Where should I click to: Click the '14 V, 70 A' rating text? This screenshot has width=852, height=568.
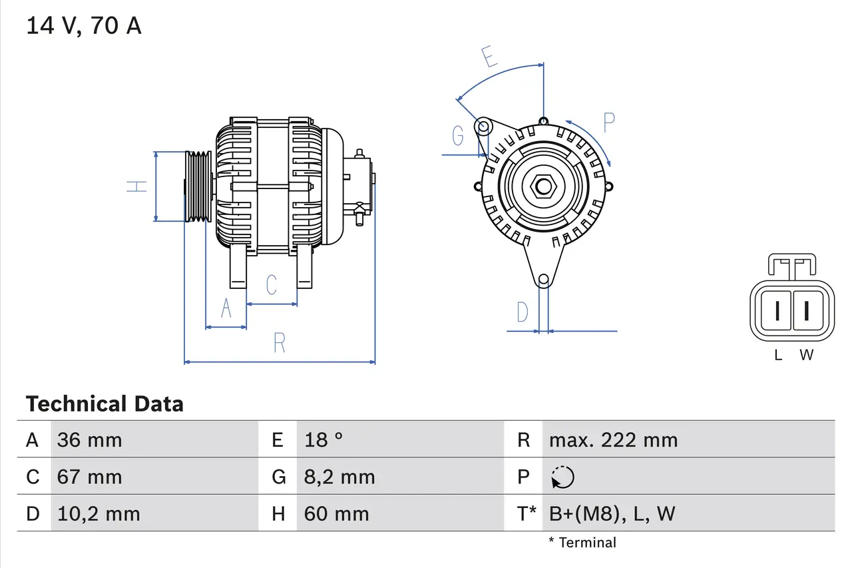(84, 26)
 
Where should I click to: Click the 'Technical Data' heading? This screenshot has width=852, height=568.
(105, 404)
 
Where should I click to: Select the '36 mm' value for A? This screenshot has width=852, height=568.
(89, 440)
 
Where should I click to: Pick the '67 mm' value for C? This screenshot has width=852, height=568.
(89, 477)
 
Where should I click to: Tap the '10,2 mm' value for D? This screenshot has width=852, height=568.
(99, 513)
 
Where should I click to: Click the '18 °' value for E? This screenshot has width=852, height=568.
(323, 440)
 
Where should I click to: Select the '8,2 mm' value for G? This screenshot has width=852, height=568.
(339, 477)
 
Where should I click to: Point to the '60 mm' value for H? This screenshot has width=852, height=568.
(336, 513)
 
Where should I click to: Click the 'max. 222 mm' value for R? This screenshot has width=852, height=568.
(613, 440)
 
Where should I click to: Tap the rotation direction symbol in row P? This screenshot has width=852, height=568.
(562, 477)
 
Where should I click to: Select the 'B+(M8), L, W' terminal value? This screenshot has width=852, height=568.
(612, 513)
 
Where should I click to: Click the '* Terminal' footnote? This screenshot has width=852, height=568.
(582, 543)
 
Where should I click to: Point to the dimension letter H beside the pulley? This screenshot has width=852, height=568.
(137, 186)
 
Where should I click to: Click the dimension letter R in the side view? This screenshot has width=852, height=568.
(280, 344)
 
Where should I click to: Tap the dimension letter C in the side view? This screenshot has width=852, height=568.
(271, 285)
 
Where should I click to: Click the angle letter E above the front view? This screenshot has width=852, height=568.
(490, 58)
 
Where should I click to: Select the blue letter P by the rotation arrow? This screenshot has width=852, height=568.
(608, 123)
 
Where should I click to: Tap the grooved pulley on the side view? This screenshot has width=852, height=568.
(197, 186)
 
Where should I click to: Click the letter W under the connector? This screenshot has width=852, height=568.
(807, 356)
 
